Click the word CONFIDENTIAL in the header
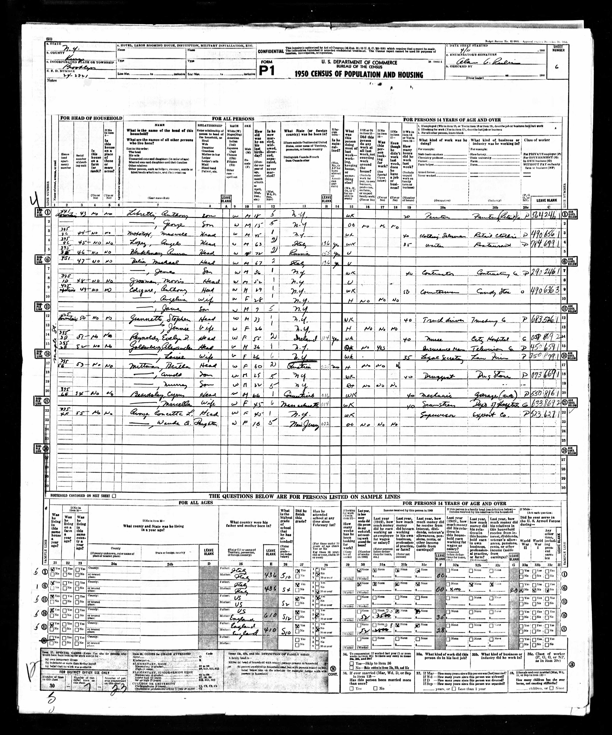click(x=270, y=51)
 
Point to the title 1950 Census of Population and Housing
click(x=359, y=75)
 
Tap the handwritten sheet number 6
click(x=556, y=67)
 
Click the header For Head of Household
click(x=91, y=118)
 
